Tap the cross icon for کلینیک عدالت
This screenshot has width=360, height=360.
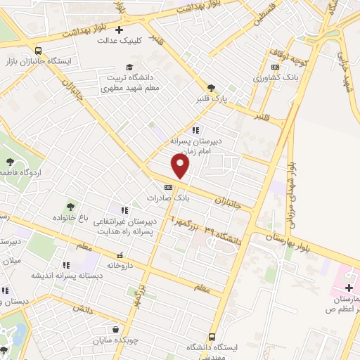tap(120, 30)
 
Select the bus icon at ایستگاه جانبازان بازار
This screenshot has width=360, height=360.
tap(38, 51)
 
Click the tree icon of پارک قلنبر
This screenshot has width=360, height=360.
tap(211, 88)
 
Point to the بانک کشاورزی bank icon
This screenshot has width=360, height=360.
tap(275, 67)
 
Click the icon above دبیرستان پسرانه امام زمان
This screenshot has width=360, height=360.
tap(195, 130)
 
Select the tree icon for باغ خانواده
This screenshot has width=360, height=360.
tap(70, 207)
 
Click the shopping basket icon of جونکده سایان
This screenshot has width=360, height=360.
tap(115, 329)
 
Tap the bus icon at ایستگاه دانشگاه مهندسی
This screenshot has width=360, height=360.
tap(212, 337)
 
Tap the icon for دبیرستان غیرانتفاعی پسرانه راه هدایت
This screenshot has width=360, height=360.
tap(124, 210)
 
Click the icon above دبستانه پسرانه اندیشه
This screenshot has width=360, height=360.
tap(65, 265)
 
